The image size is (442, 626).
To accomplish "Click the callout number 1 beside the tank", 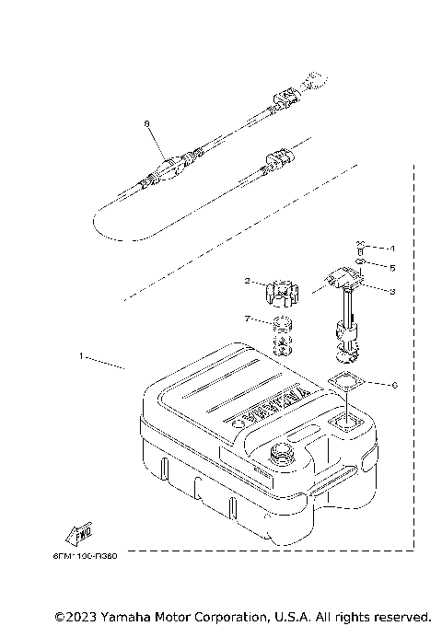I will [x=81, y=354].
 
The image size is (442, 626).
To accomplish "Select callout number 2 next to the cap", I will [x=248, y=281].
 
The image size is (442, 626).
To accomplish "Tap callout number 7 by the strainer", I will [x=248, y=318].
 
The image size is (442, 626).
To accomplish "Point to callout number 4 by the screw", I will [x=391, y=248].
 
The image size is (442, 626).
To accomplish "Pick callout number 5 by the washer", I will [x=391, y=268].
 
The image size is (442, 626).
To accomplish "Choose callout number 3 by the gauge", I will [x=391, y=291].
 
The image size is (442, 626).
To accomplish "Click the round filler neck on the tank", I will [x=280, y=454].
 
